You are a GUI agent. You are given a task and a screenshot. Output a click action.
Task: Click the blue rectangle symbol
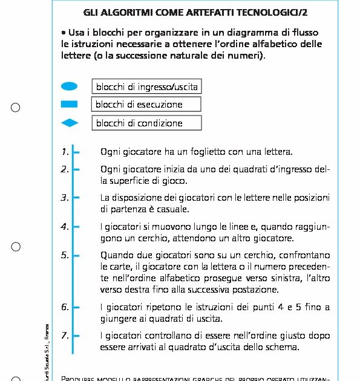pos(70,105)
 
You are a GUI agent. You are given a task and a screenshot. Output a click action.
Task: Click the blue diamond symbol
pos(70,123)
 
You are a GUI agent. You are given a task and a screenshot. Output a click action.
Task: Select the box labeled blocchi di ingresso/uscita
pos(146,87)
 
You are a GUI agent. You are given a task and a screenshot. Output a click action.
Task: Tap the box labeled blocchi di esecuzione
pos(146,105)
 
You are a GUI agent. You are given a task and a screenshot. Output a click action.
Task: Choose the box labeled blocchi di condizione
pos(146,123)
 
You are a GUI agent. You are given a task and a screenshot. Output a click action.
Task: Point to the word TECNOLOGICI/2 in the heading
pos(284,13)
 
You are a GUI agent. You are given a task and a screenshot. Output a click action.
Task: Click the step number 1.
pos(65,152)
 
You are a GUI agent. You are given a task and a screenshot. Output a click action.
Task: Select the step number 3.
pos(65,198)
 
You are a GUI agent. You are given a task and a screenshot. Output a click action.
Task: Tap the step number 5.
pos(65,255)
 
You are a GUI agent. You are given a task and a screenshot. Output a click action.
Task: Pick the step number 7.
pos(65,336)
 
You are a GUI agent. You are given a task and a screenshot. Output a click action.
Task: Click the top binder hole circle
pos(16,108)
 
